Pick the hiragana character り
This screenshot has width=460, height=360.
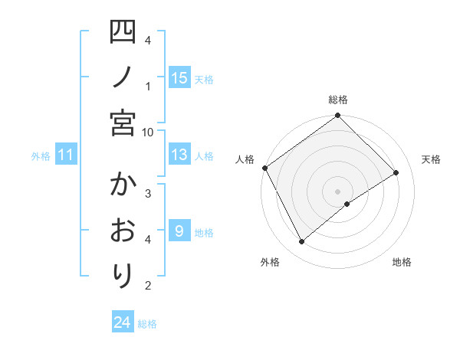123,274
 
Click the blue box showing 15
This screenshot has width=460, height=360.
179,77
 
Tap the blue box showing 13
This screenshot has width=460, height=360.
179,155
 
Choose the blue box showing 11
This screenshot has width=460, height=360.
66,155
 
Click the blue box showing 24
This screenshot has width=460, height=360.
123,322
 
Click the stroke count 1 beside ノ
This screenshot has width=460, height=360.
148,85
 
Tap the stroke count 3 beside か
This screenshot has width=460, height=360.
148,193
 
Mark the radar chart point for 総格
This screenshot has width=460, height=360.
337,116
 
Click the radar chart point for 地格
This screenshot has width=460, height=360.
347,204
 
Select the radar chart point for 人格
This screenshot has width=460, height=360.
264,168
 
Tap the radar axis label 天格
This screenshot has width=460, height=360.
431,159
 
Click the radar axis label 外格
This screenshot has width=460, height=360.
269,263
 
